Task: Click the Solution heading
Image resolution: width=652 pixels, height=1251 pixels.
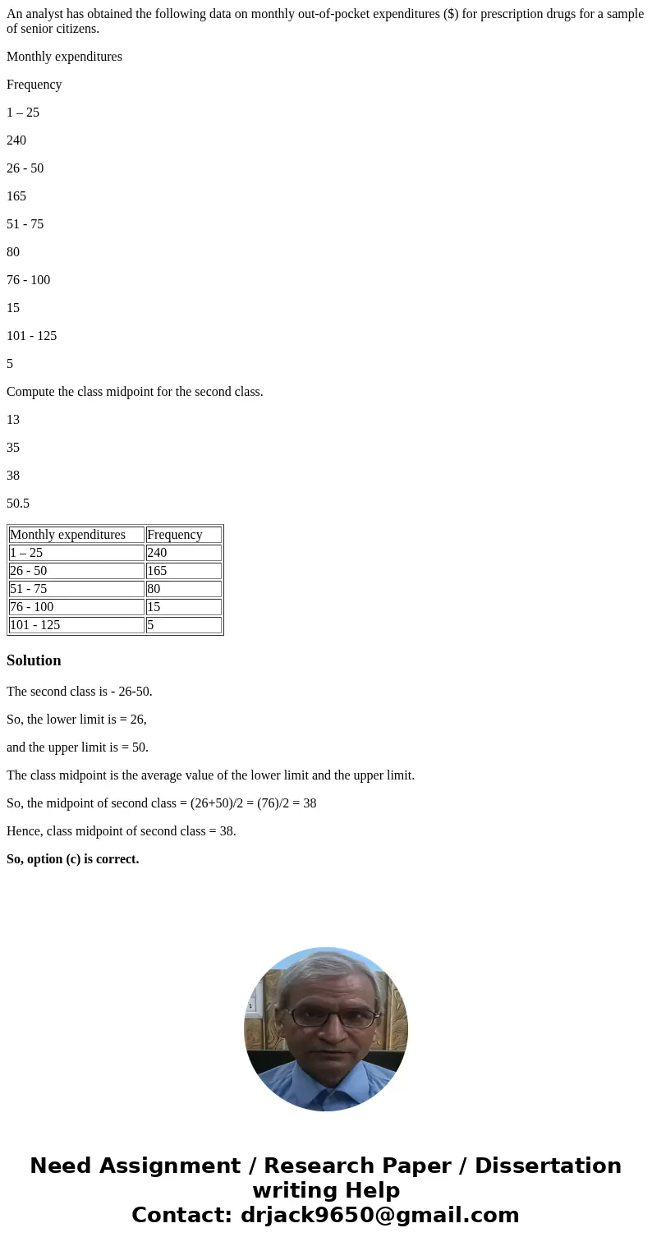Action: (x=34, y=660)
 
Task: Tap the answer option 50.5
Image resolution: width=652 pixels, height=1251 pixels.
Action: (x=18, y=503)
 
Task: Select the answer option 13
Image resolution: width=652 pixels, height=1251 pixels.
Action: (x=13, y=419)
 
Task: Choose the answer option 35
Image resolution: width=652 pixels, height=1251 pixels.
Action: (x=13, y=447)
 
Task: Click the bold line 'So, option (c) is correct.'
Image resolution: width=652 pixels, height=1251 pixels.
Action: (x=73, y=858)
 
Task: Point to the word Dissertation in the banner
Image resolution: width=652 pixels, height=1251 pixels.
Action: (x=548, y=1166)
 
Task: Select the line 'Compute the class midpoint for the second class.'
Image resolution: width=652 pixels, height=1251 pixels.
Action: (x=135, y=391)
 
